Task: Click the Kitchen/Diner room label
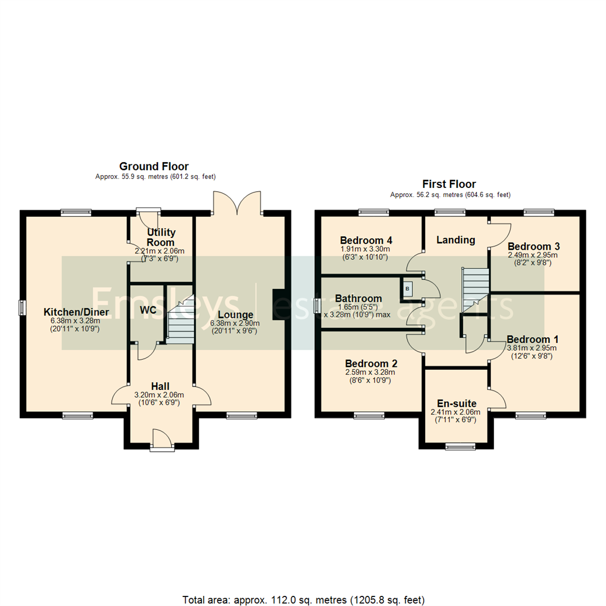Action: tap(76, 312)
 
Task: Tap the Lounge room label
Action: tap(236, 315)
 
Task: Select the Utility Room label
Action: tap(161, 237)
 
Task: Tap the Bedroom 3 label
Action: tap(534, 246)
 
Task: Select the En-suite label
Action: tap(456, 403)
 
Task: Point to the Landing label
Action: tap(456, 240)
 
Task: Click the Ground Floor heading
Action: tap(154, 166)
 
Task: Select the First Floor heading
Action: tap(449, 184)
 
